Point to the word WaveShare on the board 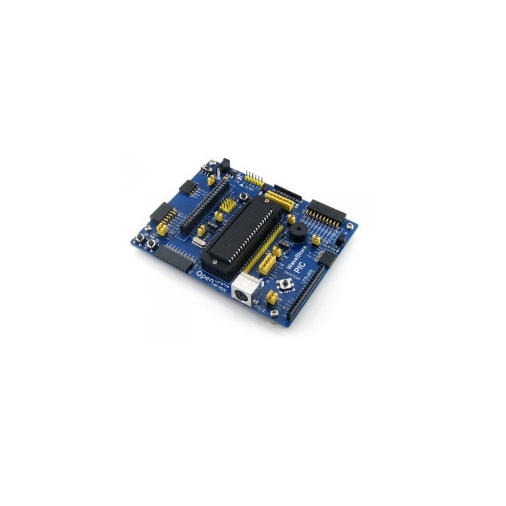(293, 261)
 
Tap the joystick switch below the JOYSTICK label (286, 283)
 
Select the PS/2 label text (259, 307)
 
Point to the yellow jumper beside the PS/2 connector (272, 296)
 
